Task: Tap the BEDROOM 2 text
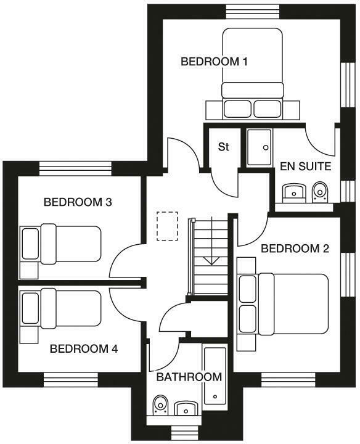295,249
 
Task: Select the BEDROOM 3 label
77,202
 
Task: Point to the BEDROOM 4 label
83,348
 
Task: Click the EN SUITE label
305,166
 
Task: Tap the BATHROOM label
189,377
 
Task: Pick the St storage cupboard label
224,147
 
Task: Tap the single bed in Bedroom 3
61,244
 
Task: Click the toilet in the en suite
319,192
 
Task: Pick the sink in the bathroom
185,408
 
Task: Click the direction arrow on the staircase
211,257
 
